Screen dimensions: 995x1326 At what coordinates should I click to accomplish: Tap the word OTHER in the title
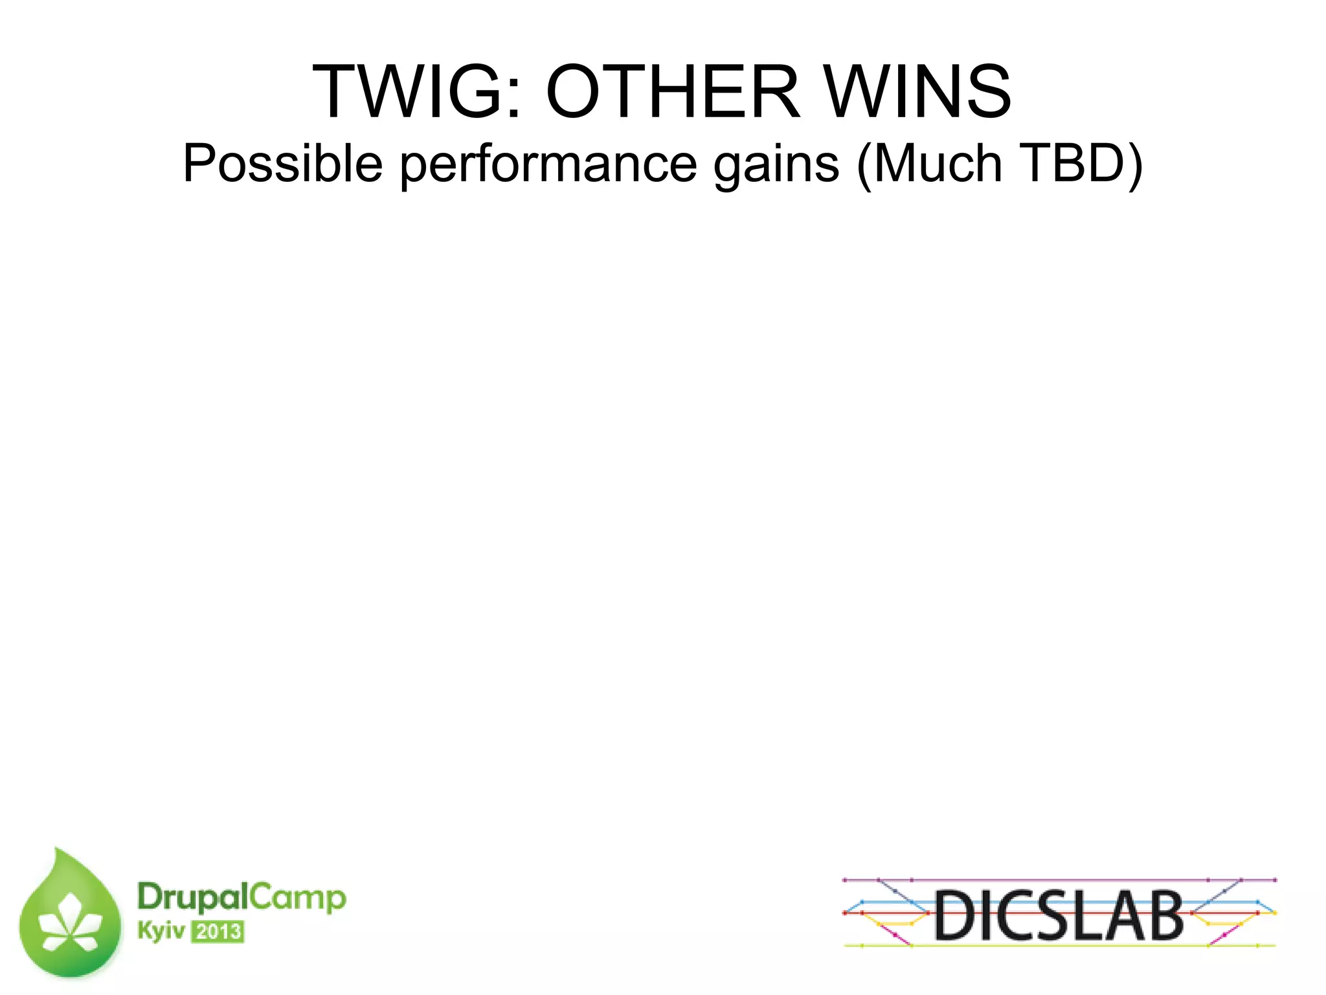point(673,93)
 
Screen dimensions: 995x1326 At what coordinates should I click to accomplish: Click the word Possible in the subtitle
point(282,164)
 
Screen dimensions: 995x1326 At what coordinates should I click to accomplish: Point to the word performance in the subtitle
point(548,164)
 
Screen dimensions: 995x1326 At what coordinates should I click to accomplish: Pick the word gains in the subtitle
point(776,164)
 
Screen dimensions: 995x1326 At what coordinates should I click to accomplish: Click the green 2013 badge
point(218,932)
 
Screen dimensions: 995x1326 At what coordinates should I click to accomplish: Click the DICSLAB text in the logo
point(1059,915)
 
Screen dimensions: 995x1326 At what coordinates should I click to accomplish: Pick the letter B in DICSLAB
point(1162,915)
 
